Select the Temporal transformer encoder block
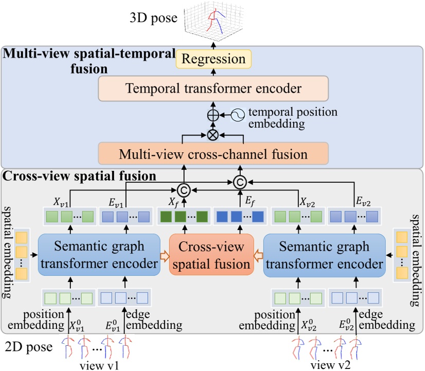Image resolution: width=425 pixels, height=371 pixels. click(x=213, y=88)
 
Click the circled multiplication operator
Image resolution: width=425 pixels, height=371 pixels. click(x=212, y=135)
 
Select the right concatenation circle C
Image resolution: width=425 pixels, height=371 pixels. click(x=238, y=182)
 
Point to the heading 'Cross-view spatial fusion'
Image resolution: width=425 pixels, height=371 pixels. click(x=80, y=175)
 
